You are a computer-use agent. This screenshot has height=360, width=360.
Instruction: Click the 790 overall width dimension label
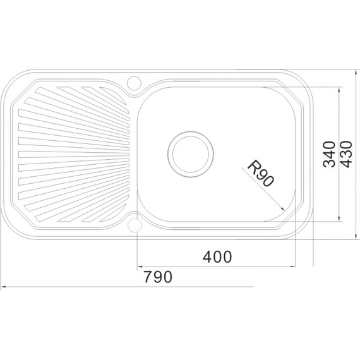(x=158, y=277)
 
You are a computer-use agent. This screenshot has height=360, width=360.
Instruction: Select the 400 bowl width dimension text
(x=217, y=256)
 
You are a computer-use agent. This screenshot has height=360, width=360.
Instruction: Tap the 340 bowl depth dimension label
(x=329, y=154)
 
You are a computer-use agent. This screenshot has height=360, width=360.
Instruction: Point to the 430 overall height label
(x=345, y=154)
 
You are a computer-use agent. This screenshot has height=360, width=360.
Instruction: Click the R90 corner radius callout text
(x=261, y=173)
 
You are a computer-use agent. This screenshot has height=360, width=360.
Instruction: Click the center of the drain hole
(x=191, y=154)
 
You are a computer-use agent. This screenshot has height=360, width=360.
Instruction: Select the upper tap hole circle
(x=134, y=83)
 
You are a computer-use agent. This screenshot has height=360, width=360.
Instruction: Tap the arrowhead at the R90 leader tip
(x=282, y=208)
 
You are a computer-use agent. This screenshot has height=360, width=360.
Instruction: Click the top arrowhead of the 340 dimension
(x=339, y=90)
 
